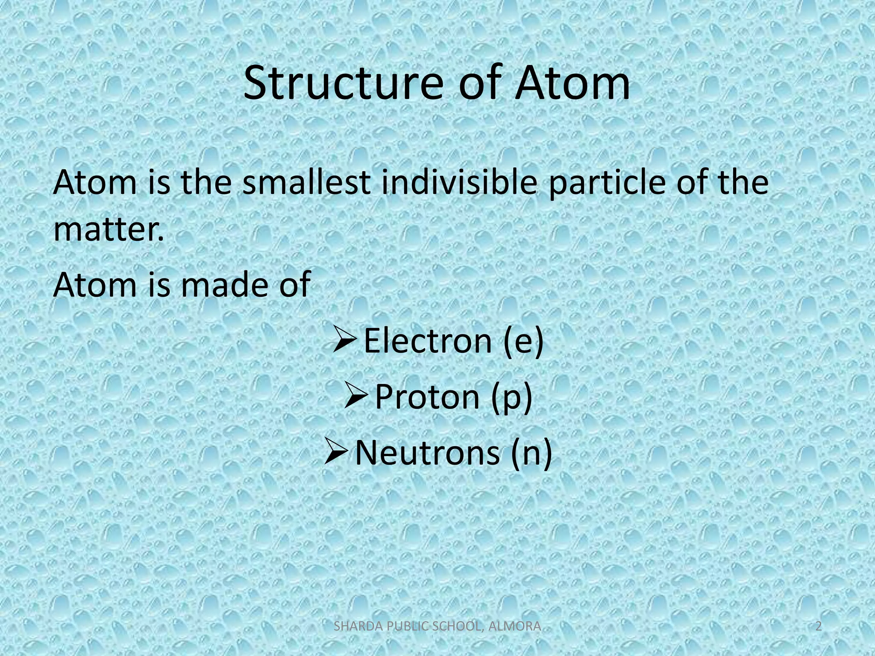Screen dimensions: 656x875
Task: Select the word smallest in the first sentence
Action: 306,182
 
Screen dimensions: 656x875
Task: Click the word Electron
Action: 427,341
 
